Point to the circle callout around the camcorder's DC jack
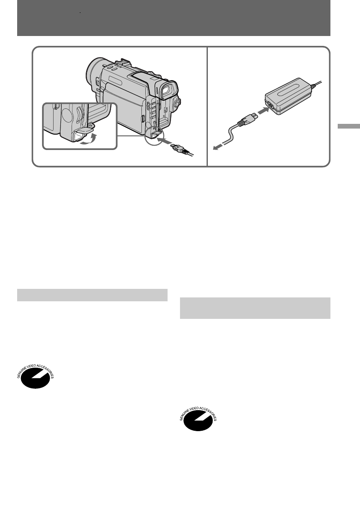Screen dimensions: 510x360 (x=154, y=136)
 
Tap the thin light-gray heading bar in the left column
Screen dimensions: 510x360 (x=92, y=295)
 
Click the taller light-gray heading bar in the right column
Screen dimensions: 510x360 (x=255, y=308)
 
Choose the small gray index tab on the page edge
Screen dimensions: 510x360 (x=348, y=128)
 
